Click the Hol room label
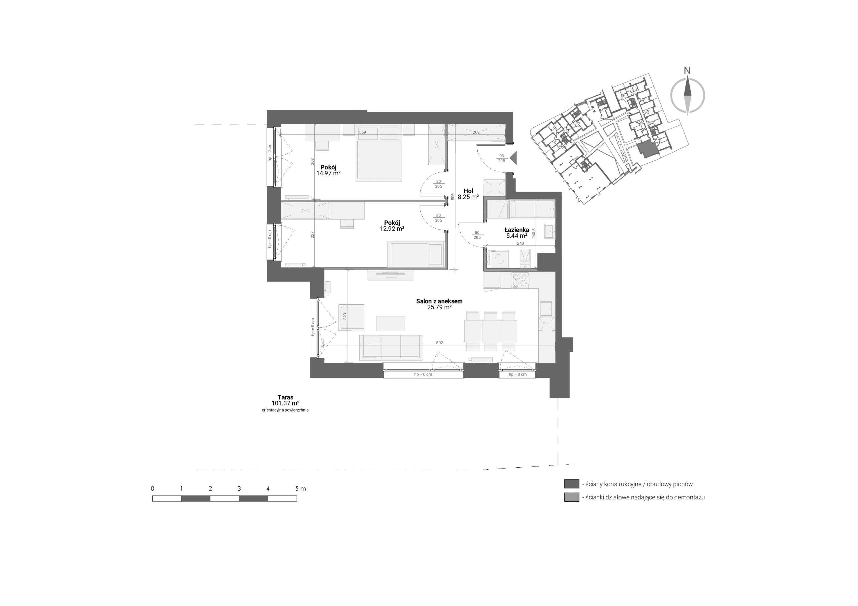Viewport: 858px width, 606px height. pos(468,191)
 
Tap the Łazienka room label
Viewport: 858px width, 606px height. pos(516,230)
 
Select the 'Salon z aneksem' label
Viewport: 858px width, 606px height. pos(440,301)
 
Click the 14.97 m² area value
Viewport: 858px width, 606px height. pos(328,173)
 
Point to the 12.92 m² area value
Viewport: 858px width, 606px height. pos(392,229)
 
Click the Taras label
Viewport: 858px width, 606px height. pos(285,398)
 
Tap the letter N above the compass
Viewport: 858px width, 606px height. pos(687,70)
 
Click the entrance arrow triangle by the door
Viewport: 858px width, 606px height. pos(513,158)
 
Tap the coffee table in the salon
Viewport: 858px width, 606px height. pos(390,323)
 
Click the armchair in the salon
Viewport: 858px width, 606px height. pos(351,318)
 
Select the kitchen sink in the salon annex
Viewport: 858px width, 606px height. pos(547,309)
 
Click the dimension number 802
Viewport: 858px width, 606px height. pos(440,343)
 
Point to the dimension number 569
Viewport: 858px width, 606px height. pos(362,132)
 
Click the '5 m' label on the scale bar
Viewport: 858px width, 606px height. pos(300,489)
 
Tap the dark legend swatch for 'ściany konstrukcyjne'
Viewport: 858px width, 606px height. pos(571,484)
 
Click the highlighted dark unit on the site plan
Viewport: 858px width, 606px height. pos(646,149)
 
